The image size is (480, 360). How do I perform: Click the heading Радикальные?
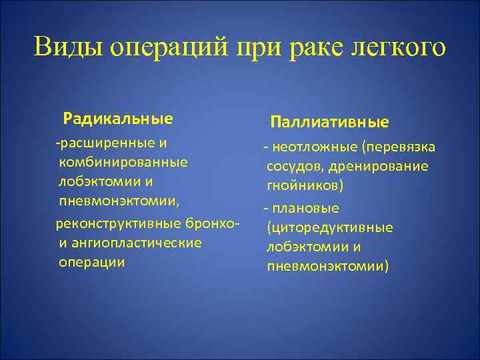(118, 119)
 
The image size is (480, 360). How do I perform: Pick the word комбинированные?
(123, 162)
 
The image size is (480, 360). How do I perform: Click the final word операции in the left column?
(91, 262)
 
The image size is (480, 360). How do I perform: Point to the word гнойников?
(303, 185)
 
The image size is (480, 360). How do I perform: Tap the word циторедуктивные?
(329, 228)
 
